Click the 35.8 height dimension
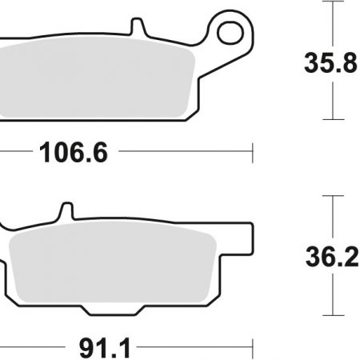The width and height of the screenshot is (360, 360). [x=330, y=63]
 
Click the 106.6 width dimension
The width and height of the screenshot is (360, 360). [x=74, y=153]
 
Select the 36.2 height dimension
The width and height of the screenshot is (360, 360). [x=332, y=257]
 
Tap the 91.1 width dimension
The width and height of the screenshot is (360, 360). [x=105, y=349]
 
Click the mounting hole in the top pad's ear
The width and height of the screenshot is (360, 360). [x=230, y=34]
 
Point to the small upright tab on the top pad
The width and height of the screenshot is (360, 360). [x=138, y=26]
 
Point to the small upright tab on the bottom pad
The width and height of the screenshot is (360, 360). [x=66, y=211]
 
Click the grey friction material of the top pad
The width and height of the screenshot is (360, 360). [x=96, y=78]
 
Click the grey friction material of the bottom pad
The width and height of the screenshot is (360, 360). [x=112, y=262]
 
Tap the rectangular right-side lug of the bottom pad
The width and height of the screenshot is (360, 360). [x=236, y=238]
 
